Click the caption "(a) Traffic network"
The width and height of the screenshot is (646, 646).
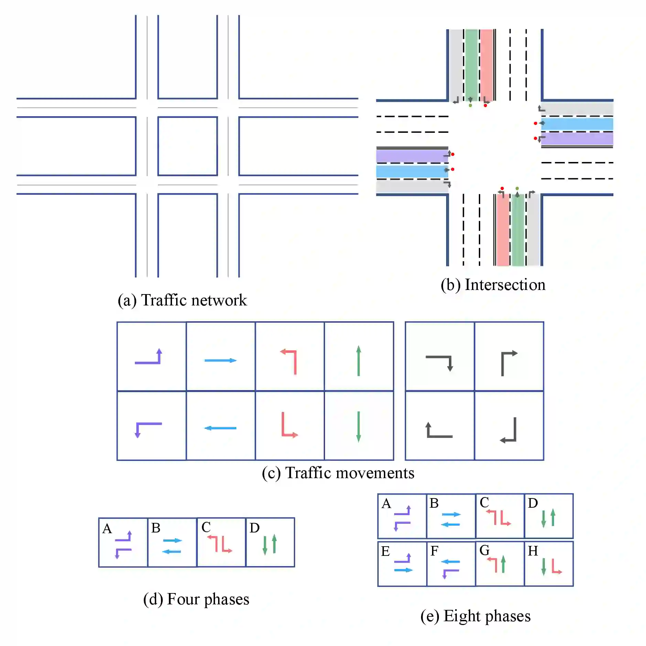pos(182,300)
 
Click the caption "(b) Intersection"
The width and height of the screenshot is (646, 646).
pos(493,285)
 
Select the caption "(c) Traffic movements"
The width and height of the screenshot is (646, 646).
pos(338,473)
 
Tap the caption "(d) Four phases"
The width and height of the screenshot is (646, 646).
pos(196,599)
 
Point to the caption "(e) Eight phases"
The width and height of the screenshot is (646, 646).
pos(475,616)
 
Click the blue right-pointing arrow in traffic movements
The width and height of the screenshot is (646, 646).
pos(220,360)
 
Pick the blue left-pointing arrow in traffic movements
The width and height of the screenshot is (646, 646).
pos(220,428)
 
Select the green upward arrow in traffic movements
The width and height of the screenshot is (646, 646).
pos(358,360)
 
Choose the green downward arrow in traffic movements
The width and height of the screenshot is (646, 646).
pos(358,427)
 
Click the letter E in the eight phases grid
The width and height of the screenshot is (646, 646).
pos(385,551)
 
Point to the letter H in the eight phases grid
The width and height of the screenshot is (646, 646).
pos(533,551)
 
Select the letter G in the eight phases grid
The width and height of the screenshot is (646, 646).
pos(484,550)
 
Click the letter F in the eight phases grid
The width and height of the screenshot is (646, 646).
pos(434,551)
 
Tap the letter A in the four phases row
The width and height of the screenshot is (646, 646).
pos(107,528)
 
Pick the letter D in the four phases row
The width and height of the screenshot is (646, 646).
pos(255,528)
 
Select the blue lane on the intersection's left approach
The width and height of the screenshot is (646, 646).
pos(411,171)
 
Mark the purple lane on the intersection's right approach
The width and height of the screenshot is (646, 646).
pos(577,139)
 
